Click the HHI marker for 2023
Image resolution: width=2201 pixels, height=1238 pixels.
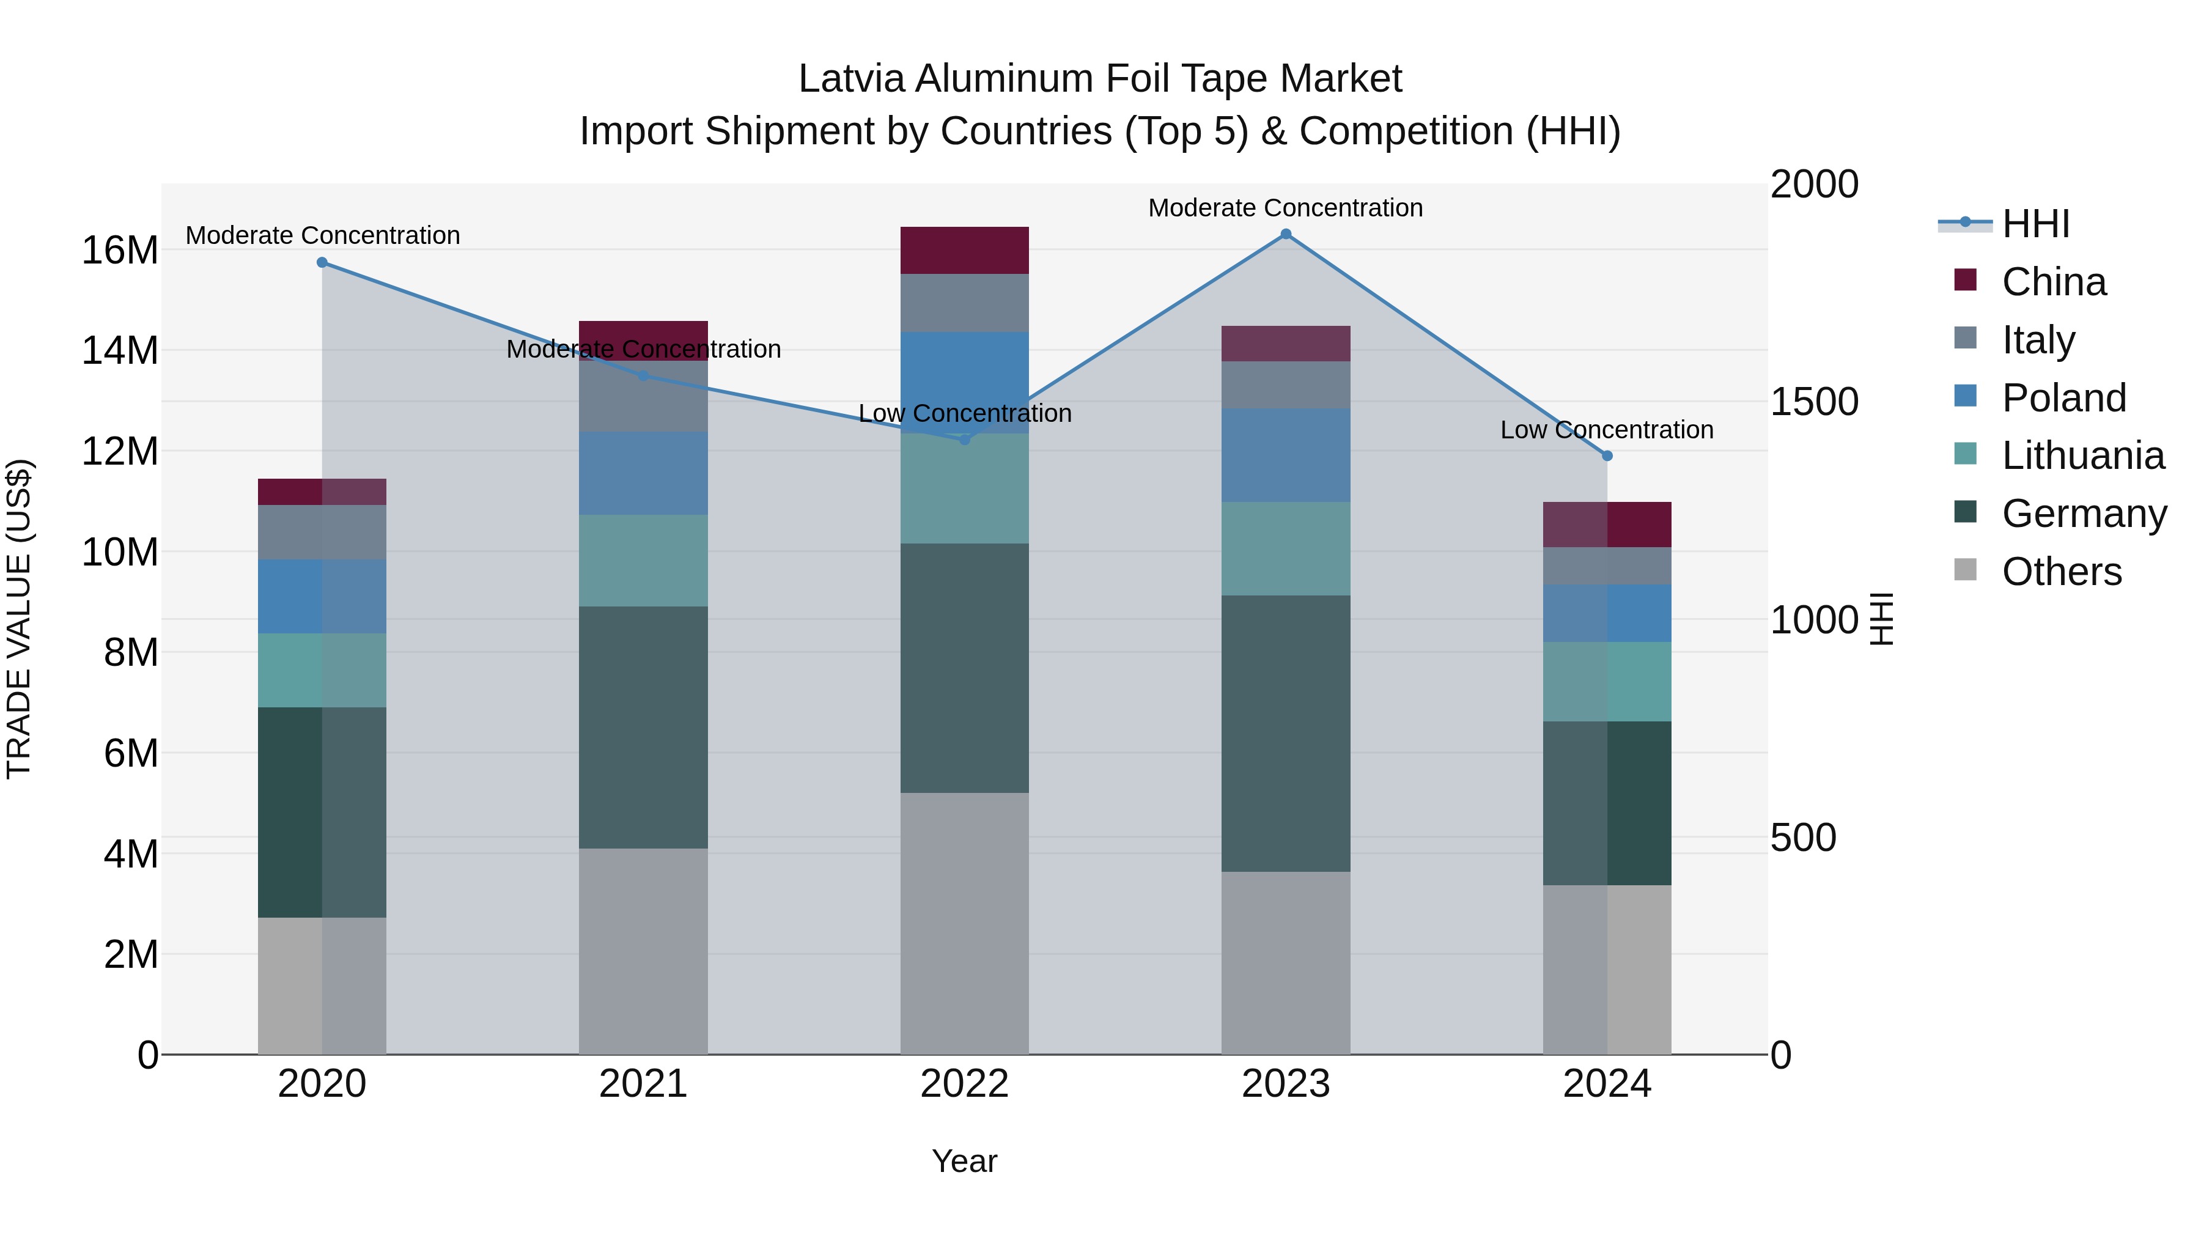[1286, 234]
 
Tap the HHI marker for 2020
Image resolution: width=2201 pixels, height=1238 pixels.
[322, 262]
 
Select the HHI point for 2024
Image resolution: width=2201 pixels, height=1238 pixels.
[1607, 456]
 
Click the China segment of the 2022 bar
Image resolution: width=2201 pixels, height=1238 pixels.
[965, 250]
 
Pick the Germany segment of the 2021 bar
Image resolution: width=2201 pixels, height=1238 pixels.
[643, 727]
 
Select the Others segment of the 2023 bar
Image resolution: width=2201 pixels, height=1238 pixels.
[1286, 963]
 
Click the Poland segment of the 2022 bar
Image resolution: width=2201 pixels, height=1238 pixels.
[965, 382]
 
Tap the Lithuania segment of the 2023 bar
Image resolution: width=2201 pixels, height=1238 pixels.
[1286, 548]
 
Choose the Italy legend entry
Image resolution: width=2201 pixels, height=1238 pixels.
[2038, 340]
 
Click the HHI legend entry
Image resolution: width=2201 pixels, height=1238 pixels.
[2035, 224]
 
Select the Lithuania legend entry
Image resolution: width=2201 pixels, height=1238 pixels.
[2083, 456]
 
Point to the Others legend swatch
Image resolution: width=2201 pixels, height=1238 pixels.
[1965, 570]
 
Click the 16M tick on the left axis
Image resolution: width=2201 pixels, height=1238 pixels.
[120, 250]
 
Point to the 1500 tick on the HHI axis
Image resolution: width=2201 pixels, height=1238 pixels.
[1814, 402]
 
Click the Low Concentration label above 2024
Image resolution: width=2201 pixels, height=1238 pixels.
[1606, 430]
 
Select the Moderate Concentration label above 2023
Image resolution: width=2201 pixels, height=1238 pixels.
[1285, 208]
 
